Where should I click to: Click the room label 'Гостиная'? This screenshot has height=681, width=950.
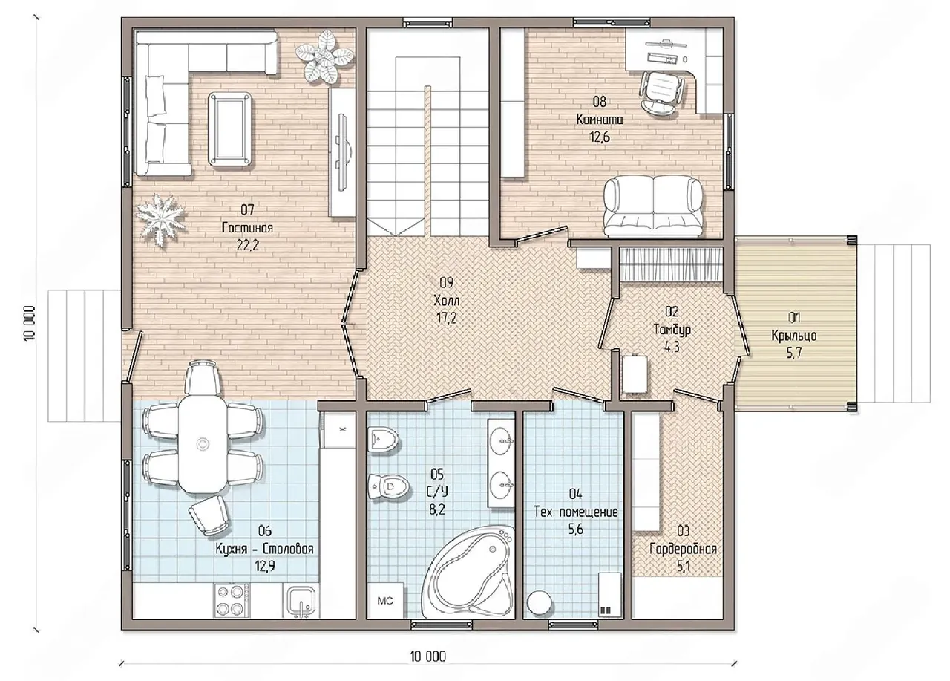coord(247,228)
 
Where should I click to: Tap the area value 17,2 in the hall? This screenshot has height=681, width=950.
coord(447,319)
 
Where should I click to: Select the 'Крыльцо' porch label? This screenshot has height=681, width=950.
coord(794,336)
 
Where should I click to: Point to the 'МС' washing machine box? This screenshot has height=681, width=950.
coord(385,601)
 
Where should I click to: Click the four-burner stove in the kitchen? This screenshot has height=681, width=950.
coord(230,601)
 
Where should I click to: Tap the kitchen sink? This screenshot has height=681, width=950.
coord(301,601)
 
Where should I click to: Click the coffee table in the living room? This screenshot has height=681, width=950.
coord(231,129)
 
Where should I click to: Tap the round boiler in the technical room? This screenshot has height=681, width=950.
coord(539,602)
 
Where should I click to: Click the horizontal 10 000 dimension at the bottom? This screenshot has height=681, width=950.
coord(428,656)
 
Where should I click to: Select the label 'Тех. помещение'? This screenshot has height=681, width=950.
coord(575,512)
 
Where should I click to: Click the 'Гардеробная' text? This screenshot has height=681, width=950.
coord(684,550)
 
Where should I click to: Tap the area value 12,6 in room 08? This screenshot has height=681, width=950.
coord(599,137)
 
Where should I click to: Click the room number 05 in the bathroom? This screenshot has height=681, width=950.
coord(437,473)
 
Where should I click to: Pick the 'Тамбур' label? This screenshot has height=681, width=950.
coord(672,330)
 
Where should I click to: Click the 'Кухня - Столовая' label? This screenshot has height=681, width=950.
coord(265,549)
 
